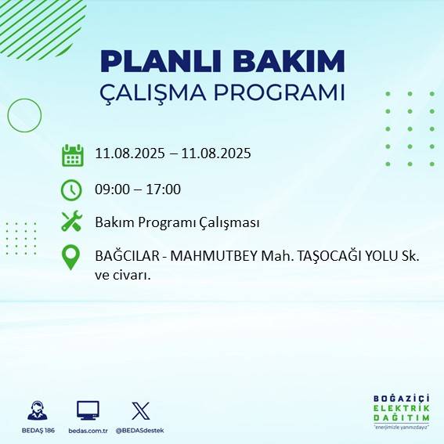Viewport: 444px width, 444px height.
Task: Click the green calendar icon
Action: tap(72, 154)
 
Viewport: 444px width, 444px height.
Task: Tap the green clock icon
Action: tap(71, 190)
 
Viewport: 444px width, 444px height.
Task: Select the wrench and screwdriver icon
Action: tap(71, 222)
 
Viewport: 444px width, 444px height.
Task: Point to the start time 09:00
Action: tap(111, 190)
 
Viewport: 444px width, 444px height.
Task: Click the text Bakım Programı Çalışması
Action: tap(176, 222)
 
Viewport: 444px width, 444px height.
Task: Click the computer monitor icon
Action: tap(88, 410)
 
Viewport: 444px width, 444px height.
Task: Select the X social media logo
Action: tap(141, 410)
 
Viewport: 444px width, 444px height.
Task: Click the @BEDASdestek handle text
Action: tap(140, 431)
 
